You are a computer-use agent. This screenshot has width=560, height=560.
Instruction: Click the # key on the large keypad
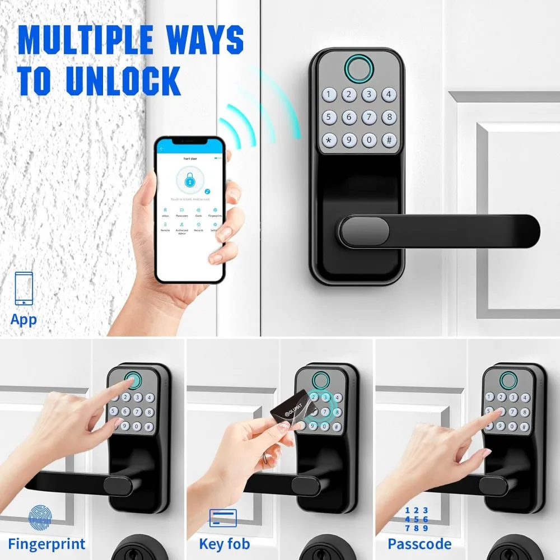(x=389, y=139)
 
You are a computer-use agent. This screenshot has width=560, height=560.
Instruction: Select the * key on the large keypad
(x=328, y=139)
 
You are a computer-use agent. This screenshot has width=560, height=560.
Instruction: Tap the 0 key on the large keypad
(x=368, y=139)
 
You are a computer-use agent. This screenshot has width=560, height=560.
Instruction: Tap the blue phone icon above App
(x=24, y=288)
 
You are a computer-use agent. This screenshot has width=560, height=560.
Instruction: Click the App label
(x=24, y=320)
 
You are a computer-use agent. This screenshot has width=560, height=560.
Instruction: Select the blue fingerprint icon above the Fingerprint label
(x=40, y=517)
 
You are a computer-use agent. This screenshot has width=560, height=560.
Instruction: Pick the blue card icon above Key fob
(x=223, y=518)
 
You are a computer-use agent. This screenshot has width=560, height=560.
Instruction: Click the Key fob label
(x=224, y=544)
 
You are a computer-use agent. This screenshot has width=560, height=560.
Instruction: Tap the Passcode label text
(x=419, y=544)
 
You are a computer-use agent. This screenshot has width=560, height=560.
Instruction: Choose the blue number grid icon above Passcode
(x=417, y=519)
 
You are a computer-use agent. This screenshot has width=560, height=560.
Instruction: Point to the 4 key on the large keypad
(x=389, y=95)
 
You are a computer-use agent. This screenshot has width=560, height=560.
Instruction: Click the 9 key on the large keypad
(x=348, y=139)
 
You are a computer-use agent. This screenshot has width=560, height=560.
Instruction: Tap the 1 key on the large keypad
(x=328, y=95)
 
